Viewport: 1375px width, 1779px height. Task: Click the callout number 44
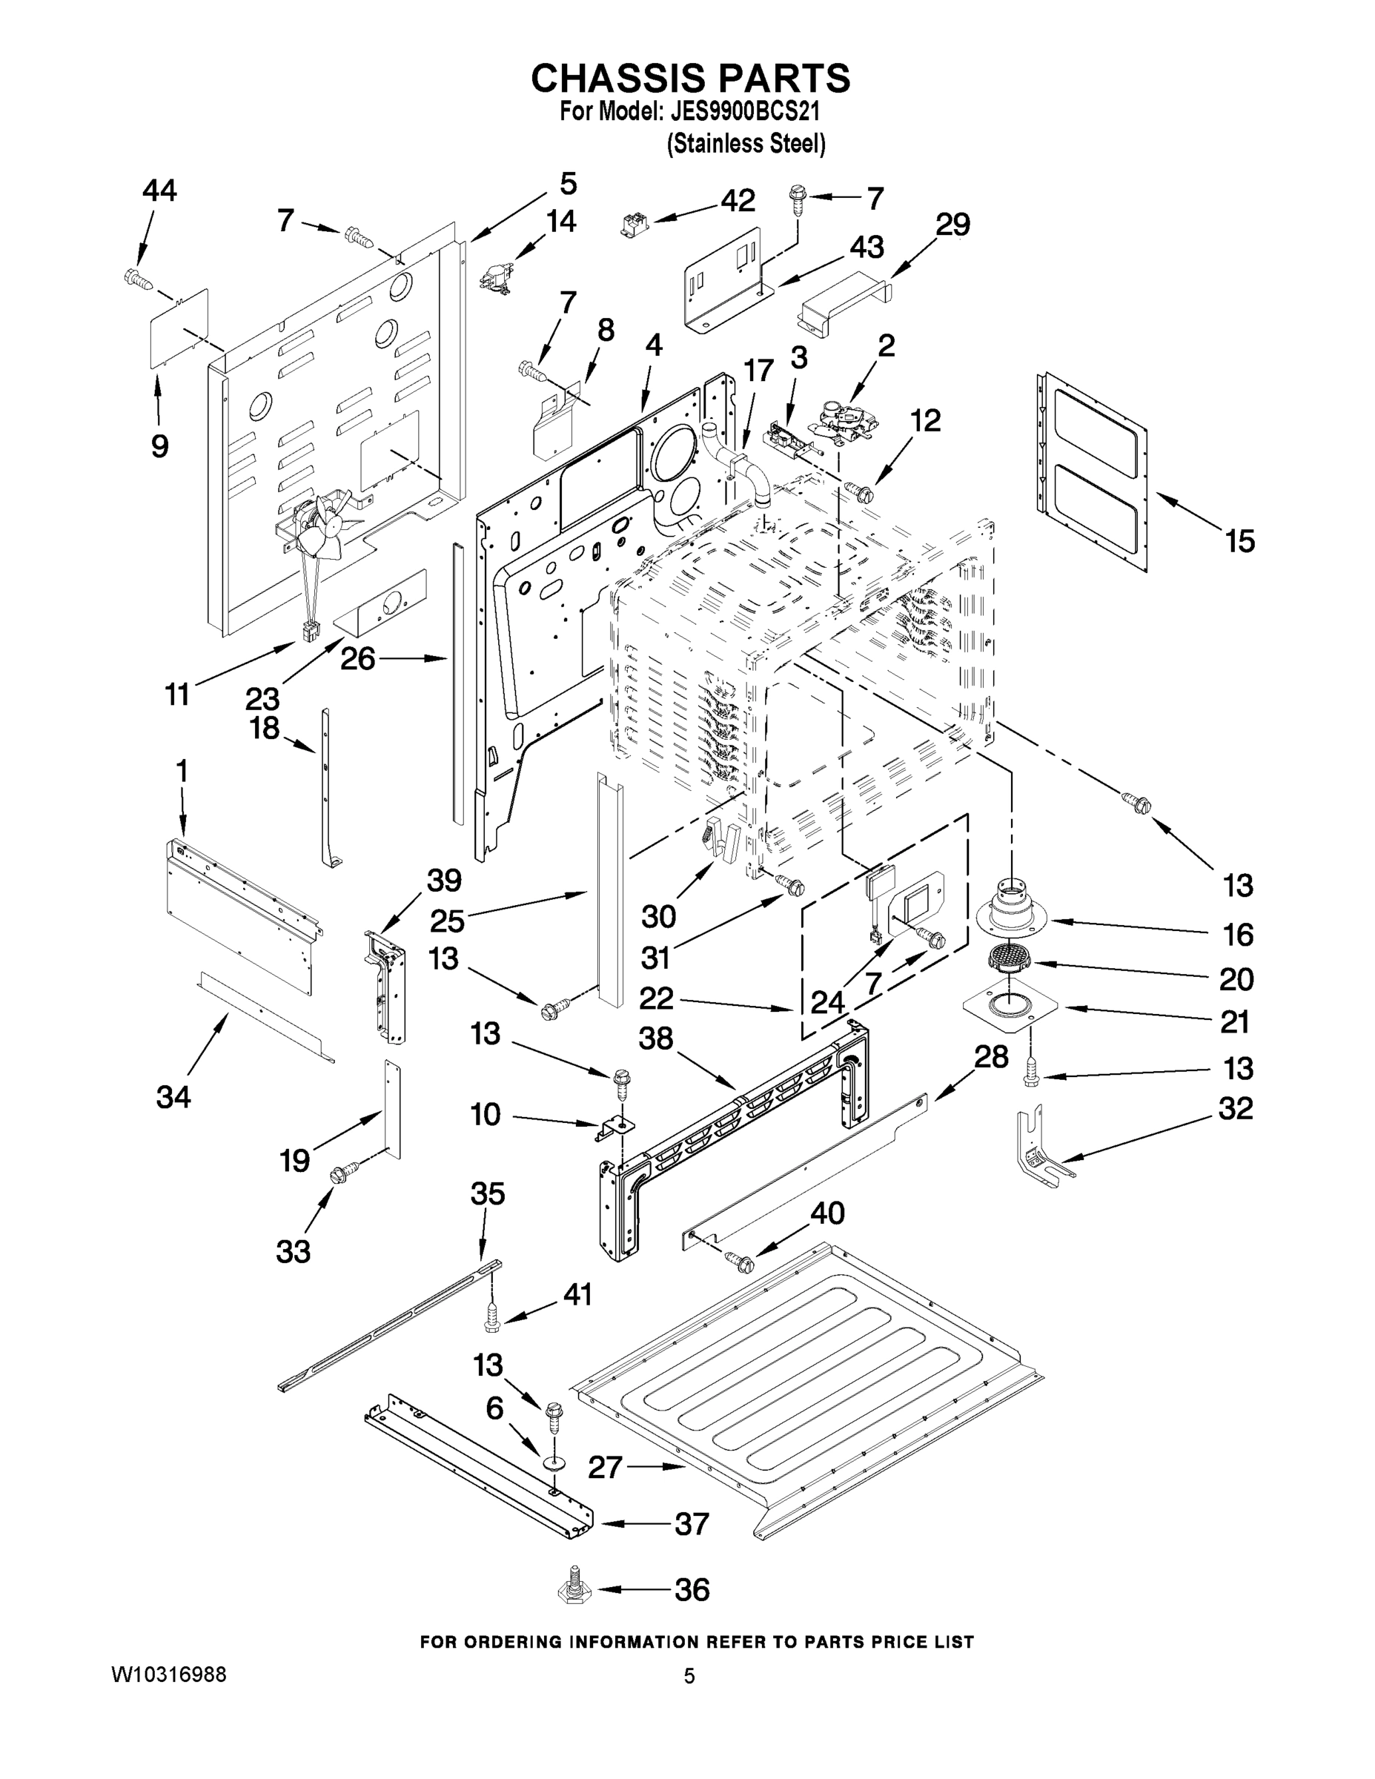tap(159, 191)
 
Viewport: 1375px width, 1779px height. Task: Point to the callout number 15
tap(1240, 540)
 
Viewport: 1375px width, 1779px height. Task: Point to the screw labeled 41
tap(492, 1319)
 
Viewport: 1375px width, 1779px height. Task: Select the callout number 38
tap(656, 1038)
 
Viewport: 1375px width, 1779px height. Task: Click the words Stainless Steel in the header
tap(746, 145)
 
